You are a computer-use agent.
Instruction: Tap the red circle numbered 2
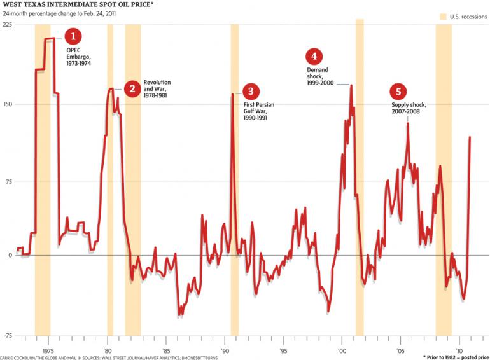132,89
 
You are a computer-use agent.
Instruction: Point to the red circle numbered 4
314,57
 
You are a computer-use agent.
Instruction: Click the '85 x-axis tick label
165,350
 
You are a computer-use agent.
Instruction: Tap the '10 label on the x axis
459,350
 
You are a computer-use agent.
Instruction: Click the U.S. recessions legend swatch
444,16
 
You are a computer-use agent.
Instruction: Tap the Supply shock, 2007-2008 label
409,108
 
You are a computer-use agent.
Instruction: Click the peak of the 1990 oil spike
232,94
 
